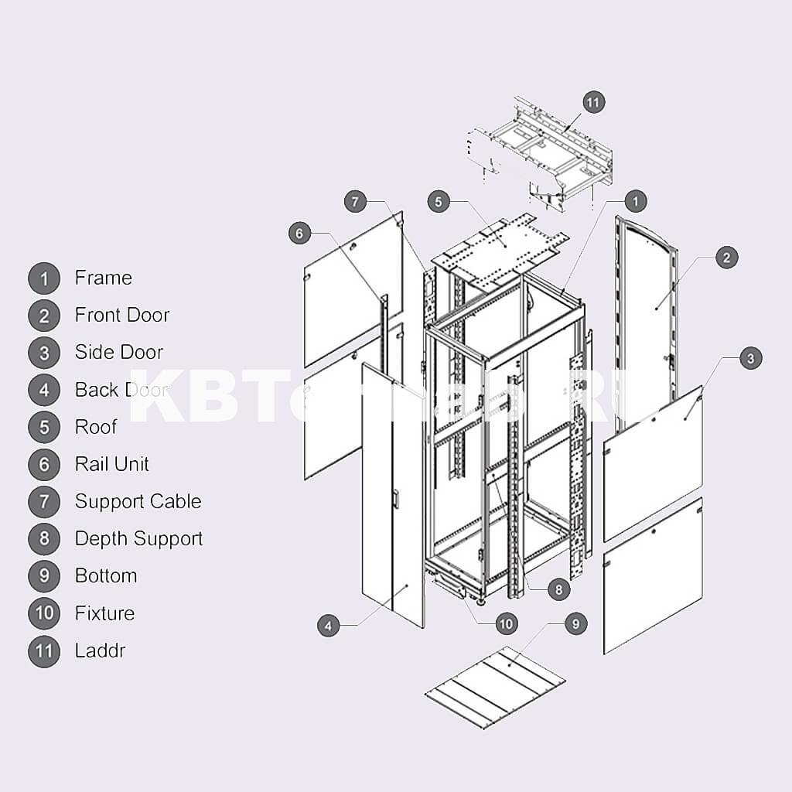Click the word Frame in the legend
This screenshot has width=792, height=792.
tap(103, 278)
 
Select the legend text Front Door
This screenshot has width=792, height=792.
tap(121, 315)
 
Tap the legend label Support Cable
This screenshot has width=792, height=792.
tap(138, 501)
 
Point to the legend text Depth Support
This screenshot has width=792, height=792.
tap(138, 538)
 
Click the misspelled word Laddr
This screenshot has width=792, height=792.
tap(100, 650)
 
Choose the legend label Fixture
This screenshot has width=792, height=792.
tap(104, 613)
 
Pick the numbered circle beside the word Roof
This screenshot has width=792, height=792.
tap(44, 428)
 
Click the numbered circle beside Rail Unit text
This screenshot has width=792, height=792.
tap(44, 465)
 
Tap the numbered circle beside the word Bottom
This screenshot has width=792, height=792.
tap(44, 576)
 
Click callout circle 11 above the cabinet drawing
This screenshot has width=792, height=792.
tap(593, 102)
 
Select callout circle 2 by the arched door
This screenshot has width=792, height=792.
tap(726, 258)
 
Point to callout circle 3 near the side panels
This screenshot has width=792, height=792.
tap(750, 358)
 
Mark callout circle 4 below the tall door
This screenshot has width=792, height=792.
tap(329, 626)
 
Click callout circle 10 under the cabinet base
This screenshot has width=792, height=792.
tap(506, 623)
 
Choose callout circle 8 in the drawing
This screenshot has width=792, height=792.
tap(558, 589)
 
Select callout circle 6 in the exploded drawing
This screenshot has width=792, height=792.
tap(300, 233)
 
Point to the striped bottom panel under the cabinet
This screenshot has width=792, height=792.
tap(495, 687)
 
